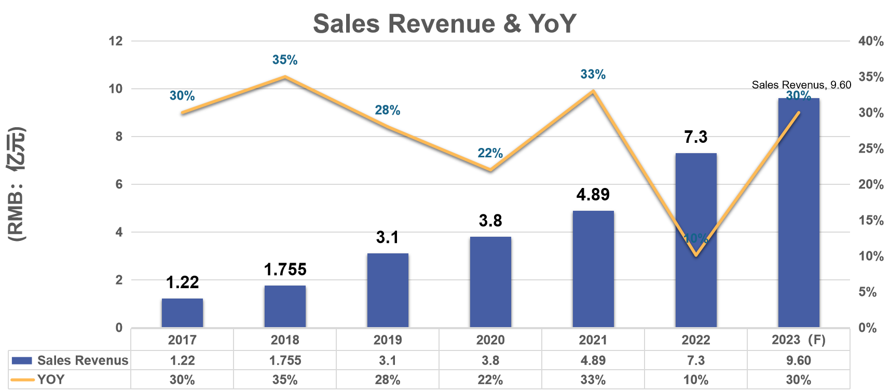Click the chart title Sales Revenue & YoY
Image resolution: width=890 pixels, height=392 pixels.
coord(445,24)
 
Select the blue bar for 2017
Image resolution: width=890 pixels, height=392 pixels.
coord(182,313)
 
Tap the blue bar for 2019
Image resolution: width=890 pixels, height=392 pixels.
coord(388,290)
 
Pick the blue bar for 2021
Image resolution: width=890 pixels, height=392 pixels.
coord(593,269)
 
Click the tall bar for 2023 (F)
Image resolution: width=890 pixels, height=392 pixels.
coord(799,212)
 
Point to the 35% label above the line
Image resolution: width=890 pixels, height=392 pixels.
coord(285,60)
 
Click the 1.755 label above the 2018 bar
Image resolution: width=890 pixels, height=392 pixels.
coord(285,269)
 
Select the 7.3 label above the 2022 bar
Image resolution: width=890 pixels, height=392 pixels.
coord(696,137)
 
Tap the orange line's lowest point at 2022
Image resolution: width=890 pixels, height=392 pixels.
coord(696,255)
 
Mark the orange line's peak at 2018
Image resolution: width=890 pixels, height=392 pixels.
coord(285,77)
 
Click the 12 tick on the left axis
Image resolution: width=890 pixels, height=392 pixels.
coord(116,41)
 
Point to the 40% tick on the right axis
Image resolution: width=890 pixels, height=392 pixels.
coord(871,41)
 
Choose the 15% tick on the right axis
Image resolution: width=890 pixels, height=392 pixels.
coord(871,220)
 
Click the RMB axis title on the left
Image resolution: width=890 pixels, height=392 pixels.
coord(17,184)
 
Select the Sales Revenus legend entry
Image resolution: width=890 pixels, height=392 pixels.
coord(70,360)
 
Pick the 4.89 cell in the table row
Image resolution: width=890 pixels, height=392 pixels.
coord(593,360)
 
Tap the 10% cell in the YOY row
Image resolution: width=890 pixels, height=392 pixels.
coord(696,380)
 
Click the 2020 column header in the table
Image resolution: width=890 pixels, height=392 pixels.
coord(490,340)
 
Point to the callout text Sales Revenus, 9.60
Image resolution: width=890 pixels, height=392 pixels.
coord(802,85)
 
